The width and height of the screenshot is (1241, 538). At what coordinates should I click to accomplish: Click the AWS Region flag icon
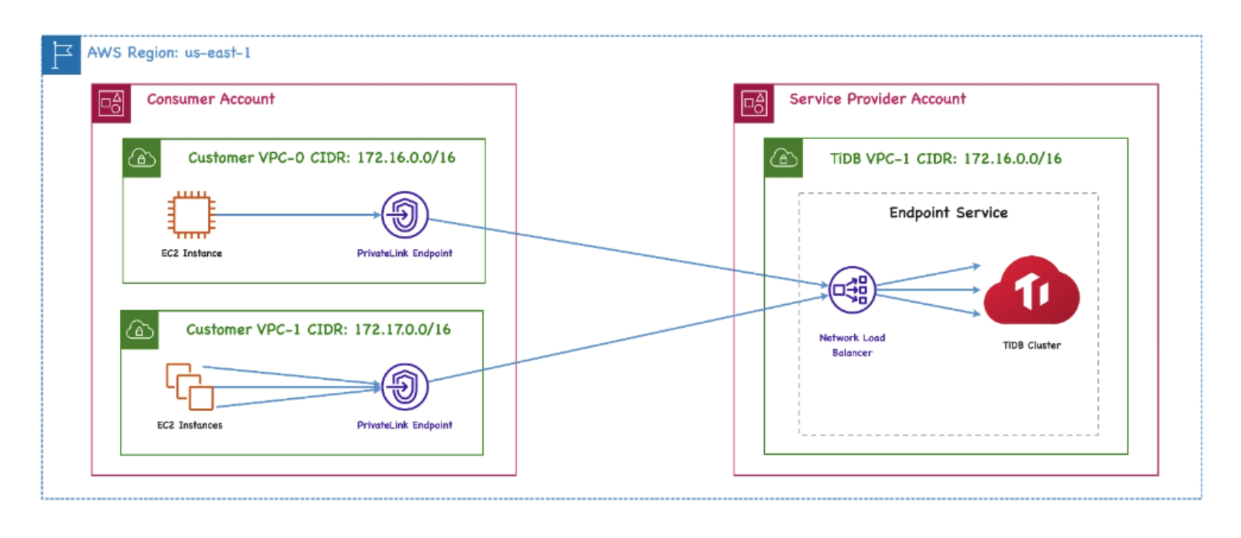(61, 55)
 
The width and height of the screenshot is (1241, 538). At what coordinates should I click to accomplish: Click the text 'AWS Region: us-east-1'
(169, 53)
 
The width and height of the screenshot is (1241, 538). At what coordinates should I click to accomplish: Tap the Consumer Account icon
(111, 103)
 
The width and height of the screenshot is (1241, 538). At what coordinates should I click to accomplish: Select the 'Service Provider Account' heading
(877, 99)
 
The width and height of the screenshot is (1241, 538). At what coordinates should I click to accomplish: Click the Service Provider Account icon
(753, 103)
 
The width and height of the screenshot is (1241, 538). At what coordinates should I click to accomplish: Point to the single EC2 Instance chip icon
(191, 215)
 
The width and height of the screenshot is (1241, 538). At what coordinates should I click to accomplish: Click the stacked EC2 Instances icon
(190, 387)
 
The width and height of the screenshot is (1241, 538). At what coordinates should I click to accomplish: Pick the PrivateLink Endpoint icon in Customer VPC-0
(404, 215)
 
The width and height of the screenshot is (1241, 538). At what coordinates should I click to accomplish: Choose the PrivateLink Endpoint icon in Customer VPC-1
(404, 387)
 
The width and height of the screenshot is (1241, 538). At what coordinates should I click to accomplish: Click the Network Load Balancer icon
(851, 290)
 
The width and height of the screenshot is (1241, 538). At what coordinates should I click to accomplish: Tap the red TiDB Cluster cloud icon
(1031, 291)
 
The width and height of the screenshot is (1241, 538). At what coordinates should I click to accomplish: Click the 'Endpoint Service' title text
(948, 212)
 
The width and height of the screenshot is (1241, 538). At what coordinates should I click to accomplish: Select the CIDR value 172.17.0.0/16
(402, 329)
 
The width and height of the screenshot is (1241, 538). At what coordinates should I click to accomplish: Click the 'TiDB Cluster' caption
(1031, 345)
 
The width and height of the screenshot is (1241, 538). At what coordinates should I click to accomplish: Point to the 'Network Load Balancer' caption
(851, 345)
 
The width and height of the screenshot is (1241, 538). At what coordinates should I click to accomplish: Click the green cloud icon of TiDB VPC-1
(783, 158)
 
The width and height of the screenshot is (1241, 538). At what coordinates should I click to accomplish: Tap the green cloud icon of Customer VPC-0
(141, 158)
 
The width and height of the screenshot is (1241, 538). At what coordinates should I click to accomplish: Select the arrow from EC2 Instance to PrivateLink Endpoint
(298, 215)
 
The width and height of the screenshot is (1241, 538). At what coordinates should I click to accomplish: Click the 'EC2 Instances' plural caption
(190, 425)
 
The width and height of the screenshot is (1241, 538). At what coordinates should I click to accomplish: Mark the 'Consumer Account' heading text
(210, 99)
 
